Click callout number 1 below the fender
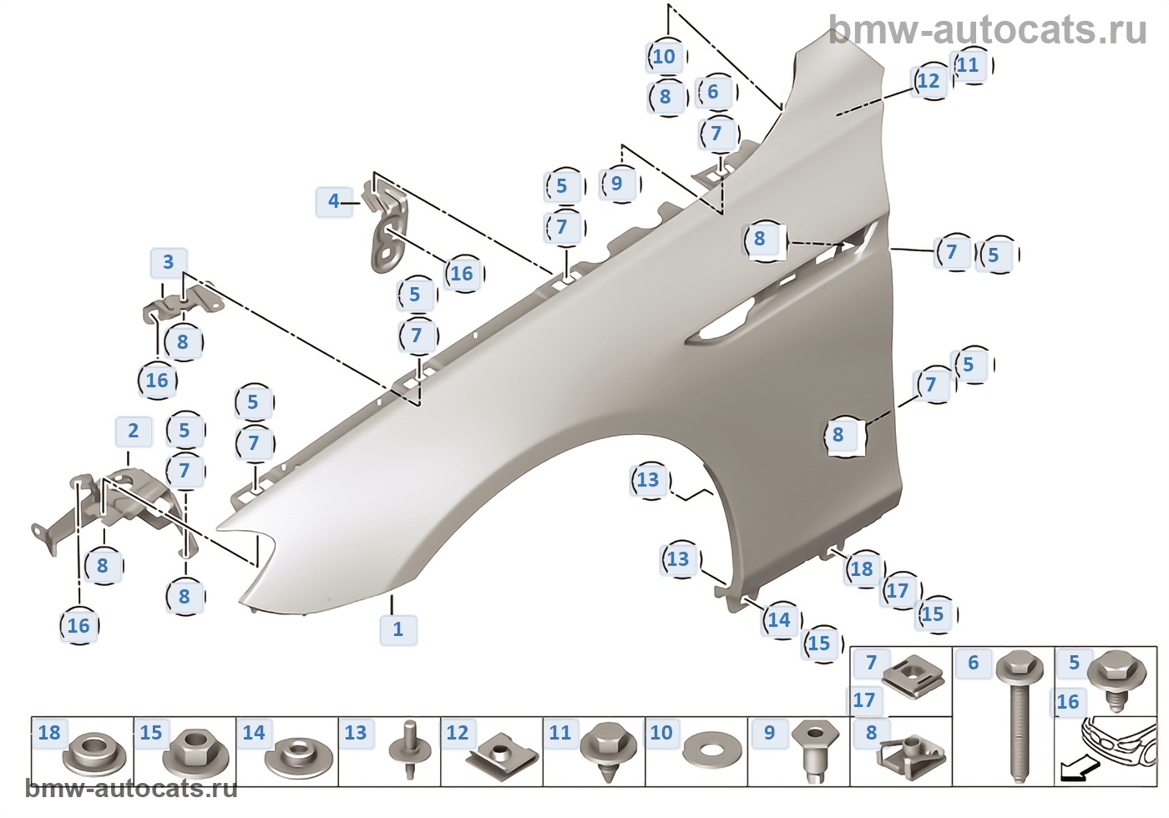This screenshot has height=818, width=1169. click(x=398, y=629)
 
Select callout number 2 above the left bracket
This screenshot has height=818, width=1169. click(x=134, y=432)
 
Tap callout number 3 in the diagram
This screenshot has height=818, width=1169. click(x=169, y=263)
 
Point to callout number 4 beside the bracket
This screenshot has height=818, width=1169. click(x=334, y=201)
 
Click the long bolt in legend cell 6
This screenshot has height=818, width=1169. click(x=1017, y=718)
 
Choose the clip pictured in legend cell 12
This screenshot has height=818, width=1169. click(x=499, y=755)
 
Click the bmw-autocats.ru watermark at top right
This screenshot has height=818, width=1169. click(x=987, y=30)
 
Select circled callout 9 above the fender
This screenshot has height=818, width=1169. click(x=617, y=184)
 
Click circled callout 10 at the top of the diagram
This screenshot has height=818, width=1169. click(x=664, y=57)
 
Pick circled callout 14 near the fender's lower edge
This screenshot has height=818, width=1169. click(x=779, y=620)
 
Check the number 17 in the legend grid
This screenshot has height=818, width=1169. click(x=864, y=700)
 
